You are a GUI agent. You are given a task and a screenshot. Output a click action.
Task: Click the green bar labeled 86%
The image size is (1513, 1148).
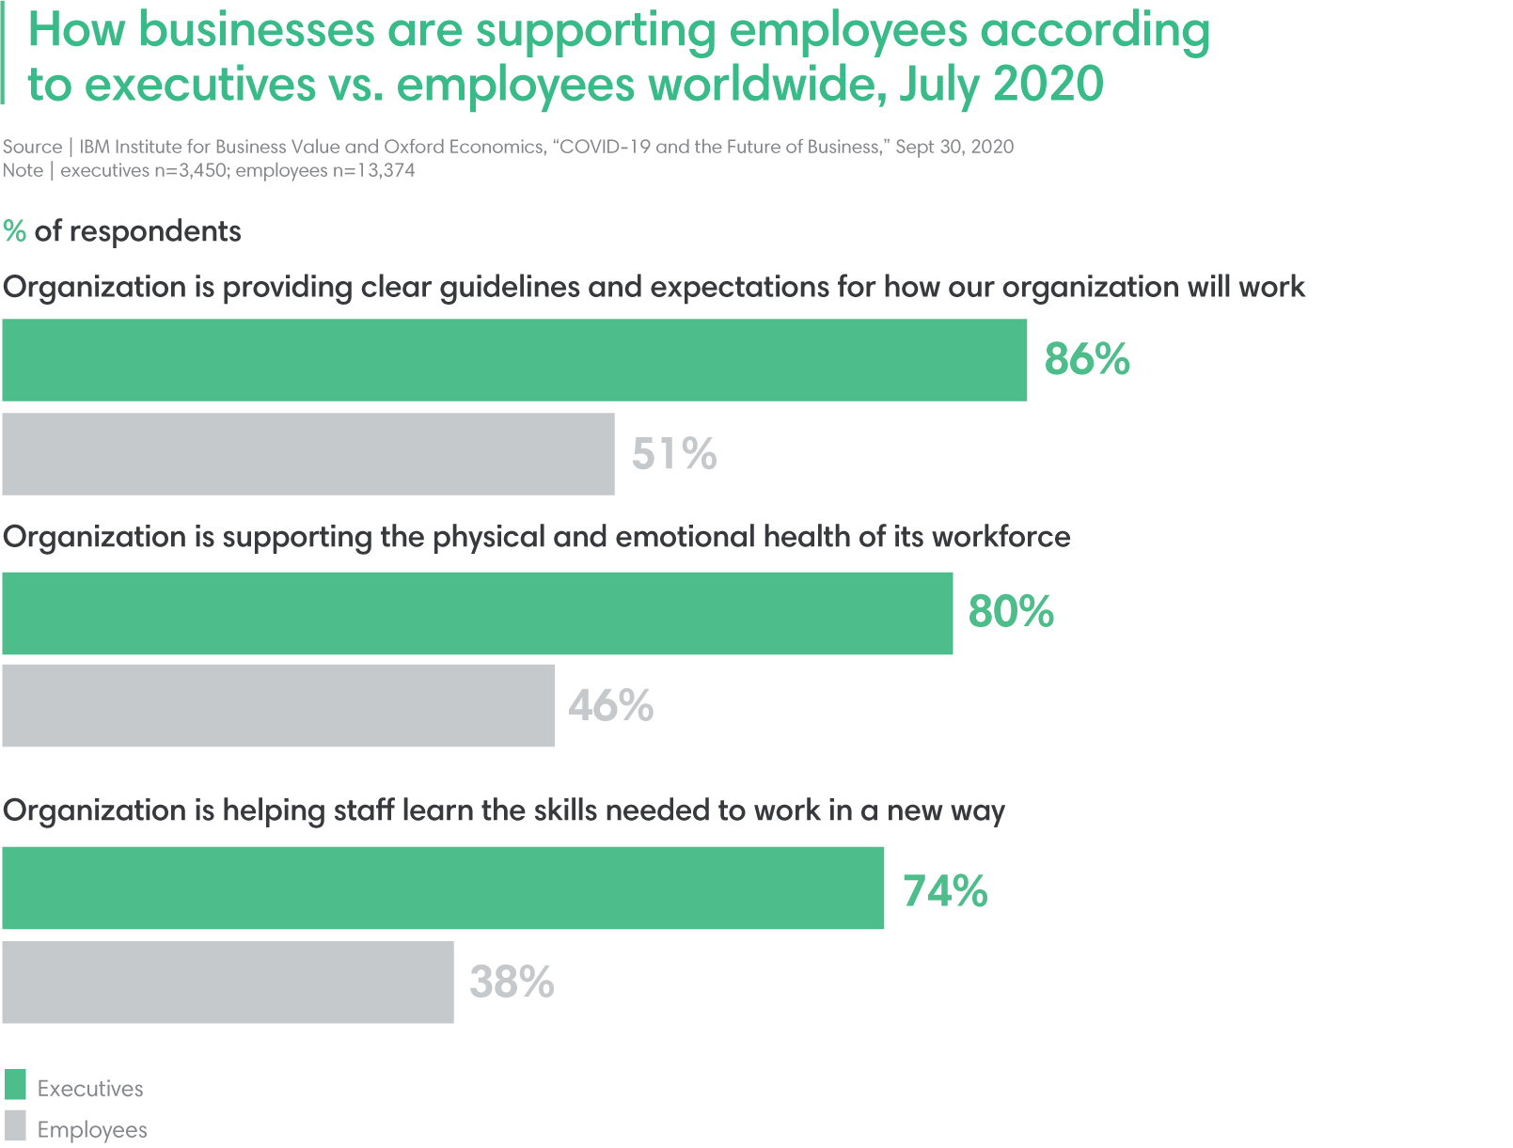(x=514, y=360)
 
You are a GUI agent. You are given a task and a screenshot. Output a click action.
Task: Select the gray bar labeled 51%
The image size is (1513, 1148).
(x=307, y=454)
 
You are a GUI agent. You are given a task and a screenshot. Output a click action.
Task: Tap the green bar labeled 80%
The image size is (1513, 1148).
(x=477, y=613)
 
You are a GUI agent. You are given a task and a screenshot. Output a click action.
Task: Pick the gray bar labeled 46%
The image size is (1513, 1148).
(x=277, y=705)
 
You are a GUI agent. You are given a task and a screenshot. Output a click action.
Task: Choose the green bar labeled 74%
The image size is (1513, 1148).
(x=443, y=888)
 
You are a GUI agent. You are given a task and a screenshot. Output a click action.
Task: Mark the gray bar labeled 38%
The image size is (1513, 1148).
(x=228, y=983)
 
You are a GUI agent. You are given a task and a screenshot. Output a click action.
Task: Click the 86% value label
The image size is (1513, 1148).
(x=1087, y=359)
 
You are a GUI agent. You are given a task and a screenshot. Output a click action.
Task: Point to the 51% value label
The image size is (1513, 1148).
(x=674, y=454)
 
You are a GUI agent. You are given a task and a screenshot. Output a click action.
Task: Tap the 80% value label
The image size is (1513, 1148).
(x=1011, y=611)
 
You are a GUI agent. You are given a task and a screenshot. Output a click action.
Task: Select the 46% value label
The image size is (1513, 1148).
(x=611, y=705)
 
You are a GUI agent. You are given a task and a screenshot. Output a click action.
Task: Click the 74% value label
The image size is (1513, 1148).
(x=945, y=890)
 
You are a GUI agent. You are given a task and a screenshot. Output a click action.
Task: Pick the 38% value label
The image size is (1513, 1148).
(x=512, y=982)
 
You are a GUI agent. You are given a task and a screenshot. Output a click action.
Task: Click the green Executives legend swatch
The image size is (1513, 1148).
(x=15, y=1085)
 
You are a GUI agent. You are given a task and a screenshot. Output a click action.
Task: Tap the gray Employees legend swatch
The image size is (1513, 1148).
(x=15, y=1126)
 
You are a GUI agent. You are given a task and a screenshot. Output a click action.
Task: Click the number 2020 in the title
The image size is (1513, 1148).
(x=1048, y=84)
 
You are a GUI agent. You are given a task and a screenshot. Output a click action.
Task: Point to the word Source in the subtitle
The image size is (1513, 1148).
(x=32, y=147)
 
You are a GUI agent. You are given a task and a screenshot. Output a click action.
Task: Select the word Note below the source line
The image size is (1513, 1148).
(x=23, y=170)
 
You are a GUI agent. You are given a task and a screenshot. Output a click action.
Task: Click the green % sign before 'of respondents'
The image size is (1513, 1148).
(x=14, y=231)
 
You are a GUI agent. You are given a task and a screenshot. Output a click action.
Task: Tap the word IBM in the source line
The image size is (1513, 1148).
(x=94, y=147)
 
